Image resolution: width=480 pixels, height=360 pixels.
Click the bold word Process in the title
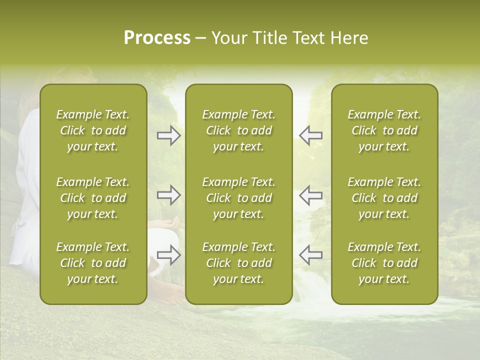coord(157,38)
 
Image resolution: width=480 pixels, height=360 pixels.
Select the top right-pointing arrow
coord(168,135)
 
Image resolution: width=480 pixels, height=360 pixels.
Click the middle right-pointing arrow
coord(168,195)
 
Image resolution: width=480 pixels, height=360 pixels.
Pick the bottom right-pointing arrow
coord(168,255)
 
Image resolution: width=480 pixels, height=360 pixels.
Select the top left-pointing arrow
coord(310,135)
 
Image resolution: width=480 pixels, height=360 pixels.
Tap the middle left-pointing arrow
coord(310,195)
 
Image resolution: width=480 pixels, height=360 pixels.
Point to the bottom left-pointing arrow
coord(310,255)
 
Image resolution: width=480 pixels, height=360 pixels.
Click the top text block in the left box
coord(93,130)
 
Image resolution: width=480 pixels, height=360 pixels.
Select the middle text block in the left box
coord(93,198)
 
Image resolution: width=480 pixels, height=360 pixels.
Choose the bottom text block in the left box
coord(93,263)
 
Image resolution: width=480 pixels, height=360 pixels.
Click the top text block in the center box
coord(238,130)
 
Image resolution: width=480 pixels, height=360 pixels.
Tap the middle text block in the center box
coord(238,198)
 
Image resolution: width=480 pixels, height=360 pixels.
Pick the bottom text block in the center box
coord(238,263)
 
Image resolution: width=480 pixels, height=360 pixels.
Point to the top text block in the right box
coord(384,130)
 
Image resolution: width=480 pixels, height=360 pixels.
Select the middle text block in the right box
coord(384,198)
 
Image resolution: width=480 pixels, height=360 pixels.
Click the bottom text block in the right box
coord(384,263)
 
